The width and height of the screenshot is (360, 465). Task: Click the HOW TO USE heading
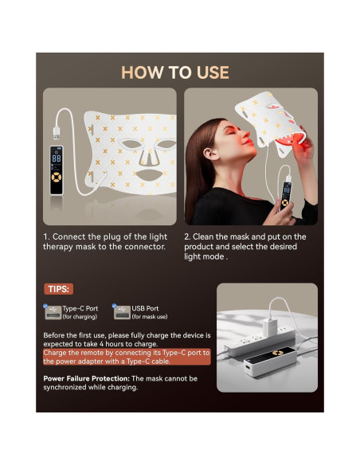coord(175,72)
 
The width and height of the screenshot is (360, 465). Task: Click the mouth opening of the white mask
coord(144,174)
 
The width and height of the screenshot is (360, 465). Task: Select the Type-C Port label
coord(80,308)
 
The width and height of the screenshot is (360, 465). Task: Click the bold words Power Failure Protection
coord(86,378)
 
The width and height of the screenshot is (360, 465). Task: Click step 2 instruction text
coord(245,247)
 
